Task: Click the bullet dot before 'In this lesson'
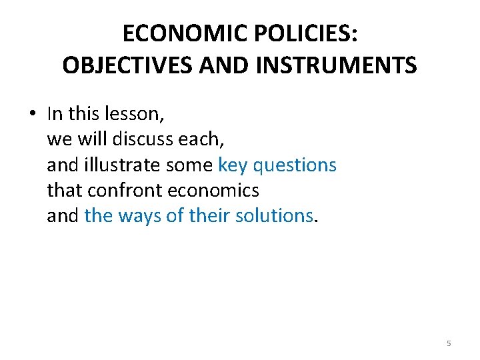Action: click(32, 114)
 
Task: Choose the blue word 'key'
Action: click(231, 165)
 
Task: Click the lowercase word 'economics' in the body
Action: click(213, 190)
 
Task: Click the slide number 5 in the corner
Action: click(449, 343)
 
